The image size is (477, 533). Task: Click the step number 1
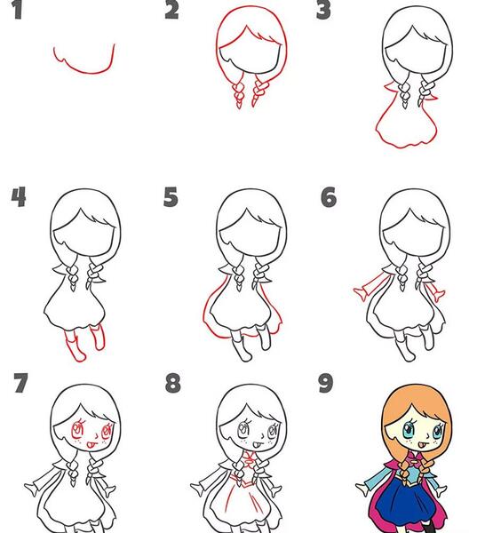pos(18,10)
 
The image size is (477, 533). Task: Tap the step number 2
pos(171,10)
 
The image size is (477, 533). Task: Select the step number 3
pos(323,10)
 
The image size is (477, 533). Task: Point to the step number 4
pos(19,197)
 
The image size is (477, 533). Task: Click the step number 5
pos(171,197)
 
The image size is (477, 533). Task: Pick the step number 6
pos(329,197)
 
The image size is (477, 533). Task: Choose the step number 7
pos(20,384)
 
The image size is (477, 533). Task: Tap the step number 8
pos(172,384)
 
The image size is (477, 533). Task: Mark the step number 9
pos(326,384)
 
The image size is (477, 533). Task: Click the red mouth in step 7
pos(91,443)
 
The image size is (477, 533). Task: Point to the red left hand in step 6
pos(361,292)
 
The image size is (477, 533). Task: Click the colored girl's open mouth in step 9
pos(419,444)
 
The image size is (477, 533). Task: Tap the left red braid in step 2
pos(238,91)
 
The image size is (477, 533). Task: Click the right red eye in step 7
pos(107,431)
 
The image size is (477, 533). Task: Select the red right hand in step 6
pos(440,295)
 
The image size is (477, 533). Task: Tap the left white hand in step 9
pos(362,489)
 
